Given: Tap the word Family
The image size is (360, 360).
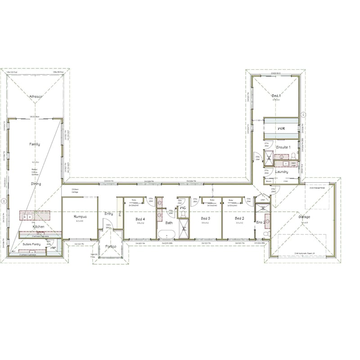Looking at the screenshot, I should (35, 144).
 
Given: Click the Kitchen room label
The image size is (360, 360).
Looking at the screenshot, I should (38, 227).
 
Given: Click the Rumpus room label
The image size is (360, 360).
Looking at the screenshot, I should (80, 217).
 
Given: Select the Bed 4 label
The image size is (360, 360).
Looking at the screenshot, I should (140, 219).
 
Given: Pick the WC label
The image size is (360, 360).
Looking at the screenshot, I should (183, 209).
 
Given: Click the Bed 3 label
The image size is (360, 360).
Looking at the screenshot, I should (206, 218).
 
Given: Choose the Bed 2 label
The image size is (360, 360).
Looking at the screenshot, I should (239, 218).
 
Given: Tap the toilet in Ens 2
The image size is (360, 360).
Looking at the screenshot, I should (266, 234).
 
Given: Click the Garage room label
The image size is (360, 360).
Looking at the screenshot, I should (304, 217).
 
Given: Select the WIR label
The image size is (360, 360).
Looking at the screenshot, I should (281, 129).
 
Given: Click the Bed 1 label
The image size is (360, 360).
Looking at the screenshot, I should (276, 96).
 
